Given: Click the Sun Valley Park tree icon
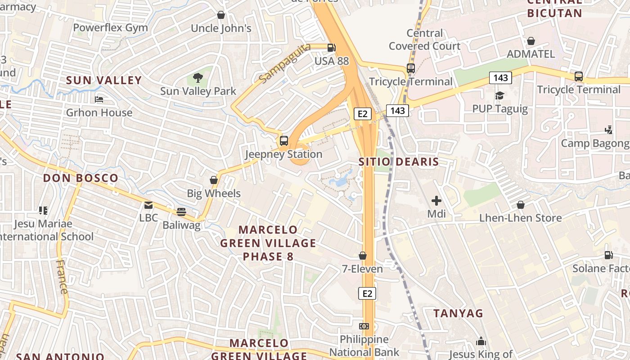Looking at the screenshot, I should (198, 78).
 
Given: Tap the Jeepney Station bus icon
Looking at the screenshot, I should (284, 140).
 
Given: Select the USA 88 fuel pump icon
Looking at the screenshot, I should (332, 48).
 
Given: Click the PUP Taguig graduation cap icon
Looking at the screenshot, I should (499, 95).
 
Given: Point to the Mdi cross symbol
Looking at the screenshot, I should (436, 201).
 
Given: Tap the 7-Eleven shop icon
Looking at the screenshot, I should (363, 256).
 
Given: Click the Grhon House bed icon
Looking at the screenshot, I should (99, 99).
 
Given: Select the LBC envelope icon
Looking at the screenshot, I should (148, 205).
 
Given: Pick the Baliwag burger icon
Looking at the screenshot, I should (181, 212).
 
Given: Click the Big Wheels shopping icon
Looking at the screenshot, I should (214, 180).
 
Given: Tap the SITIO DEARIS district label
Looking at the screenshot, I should (398, 162).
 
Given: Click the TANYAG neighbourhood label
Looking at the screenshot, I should (458, 313).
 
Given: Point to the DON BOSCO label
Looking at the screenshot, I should (81, 178).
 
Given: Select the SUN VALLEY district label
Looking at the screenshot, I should (104, 81).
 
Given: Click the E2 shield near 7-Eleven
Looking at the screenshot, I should (367, 293).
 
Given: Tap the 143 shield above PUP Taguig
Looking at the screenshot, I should (500, 78).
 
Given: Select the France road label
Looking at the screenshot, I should (62, 276).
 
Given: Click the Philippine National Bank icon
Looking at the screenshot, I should (364, 326).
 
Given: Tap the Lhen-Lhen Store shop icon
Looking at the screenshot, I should (521, 205).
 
